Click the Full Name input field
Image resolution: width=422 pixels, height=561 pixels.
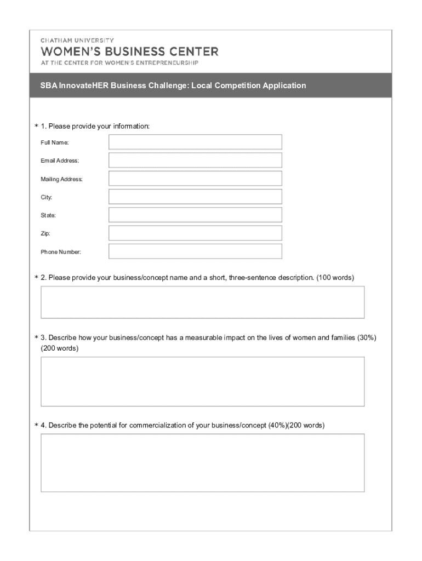click(x=195, y=142)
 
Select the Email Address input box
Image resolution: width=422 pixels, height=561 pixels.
click(x=195, y=160)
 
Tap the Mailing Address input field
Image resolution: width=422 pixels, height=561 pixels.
click(x=195, y=179)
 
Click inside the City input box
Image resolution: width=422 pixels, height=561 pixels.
click(x=195, y=197)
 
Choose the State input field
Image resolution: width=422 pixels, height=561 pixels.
click(x=195, y=215)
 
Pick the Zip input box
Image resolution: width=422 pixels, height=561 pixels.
click(x=195, y=233)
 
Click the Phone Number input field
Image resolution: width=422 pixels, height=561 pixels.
click(x=195, y=251)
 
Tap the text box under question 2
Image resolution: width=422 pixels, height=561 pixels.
click(x=202, y=302)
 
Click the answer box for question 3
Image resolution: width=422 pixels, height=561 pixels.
click(x=202, y=381)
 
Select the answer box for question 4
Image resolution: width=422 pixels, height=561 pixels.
click(x=202, y=463)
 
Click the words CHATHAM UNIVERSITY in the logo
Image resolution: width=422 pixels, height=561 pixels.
click(x=77, y=40)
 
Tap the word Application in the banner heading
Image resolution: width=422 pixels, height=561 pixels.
click(x=284, y=85)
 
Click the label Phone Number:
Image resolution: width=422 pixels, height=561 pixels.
click(x=61, y=252)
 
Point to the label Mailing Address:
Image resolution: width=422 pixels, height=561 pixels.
click(x=61, y=179)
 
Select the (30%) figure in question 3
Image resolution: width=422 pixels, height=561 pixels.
click(x=366, y=337)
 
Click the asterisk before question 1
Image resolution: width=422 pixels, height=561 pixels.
click(x=36, y=127)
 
